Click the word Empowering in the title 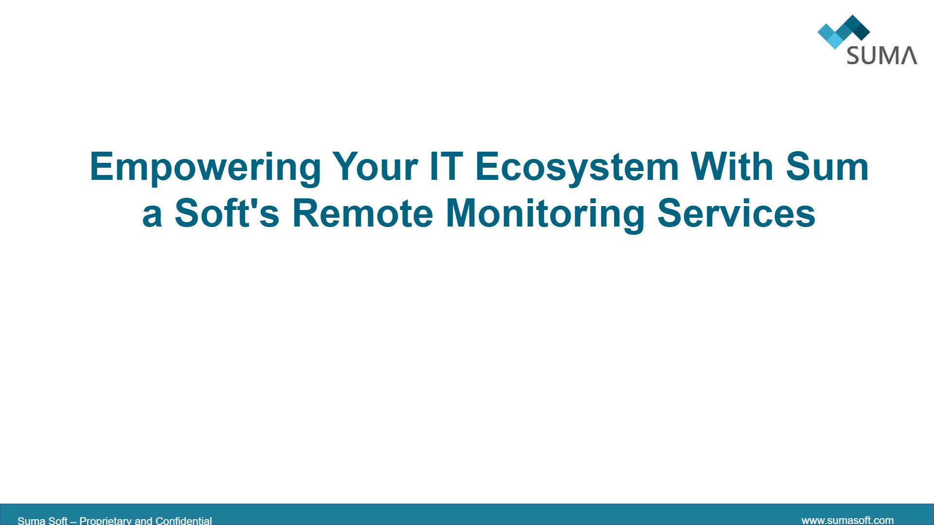coord(205,168)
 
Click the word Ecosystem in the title coord(577,168)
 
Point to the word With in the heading coord(732,166)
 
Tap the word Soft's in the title coord(227,213)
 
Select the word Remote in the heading coord(362,213)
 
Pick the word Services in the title coord(736,213)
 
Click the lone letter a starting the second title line coord(152,216)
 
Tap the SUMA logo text coord(882,55)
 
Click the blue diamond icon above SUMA coord(844,32)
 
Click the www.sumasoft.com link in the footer coord(847,520)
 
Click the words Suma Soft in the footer coord(42,520)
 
